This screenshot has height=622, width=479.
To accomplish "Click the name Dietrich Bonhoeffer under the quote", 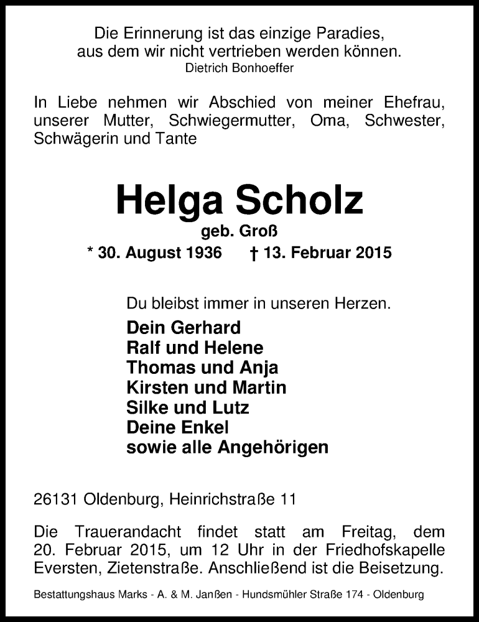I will [240, 68].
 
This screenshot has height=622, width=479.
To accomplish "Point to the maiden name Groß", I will [258, 232].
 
